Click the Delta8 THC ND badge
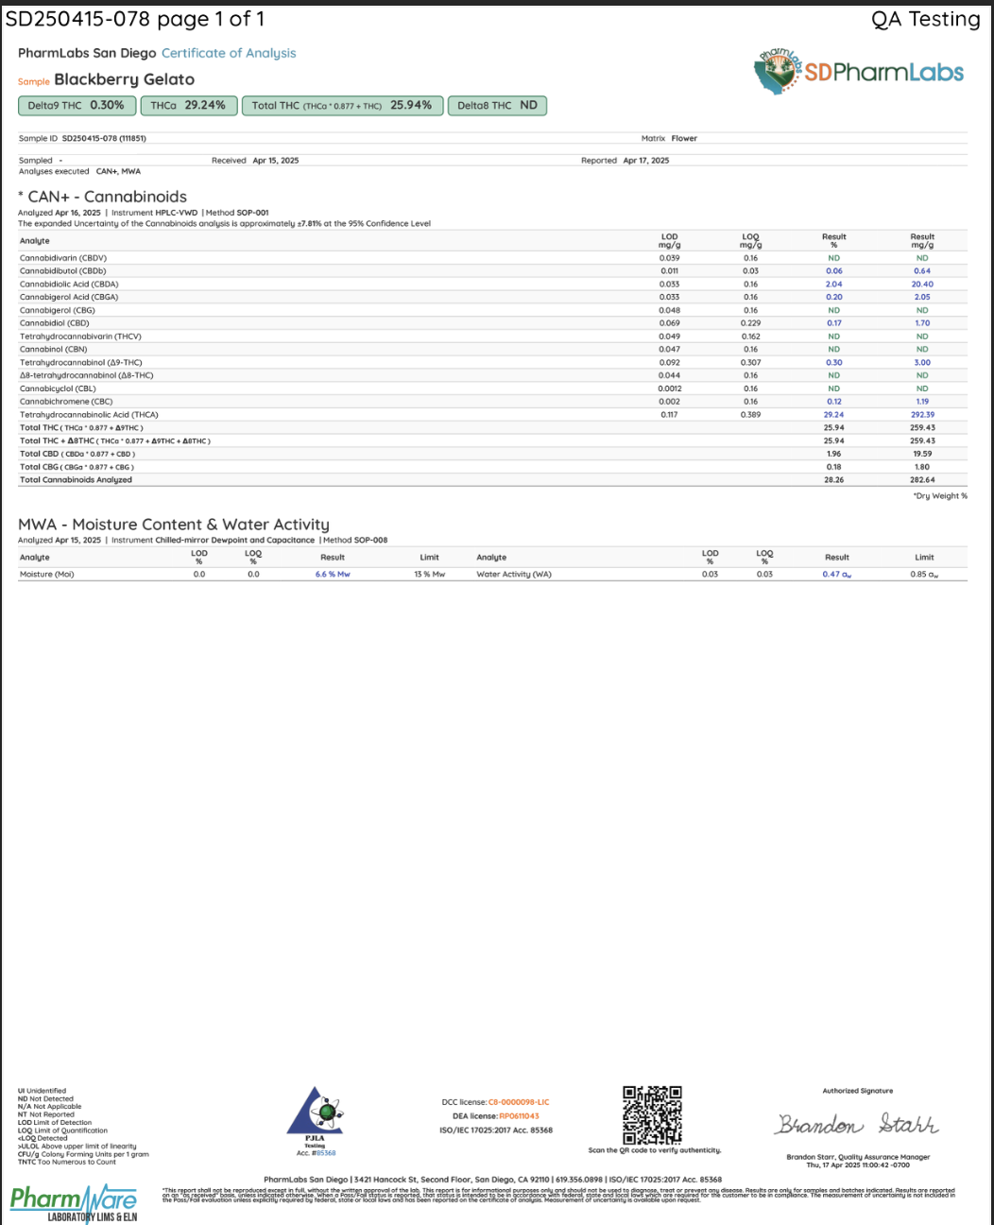pyautogui.click(x=497, y=106)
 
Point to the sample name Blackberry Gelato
pyautogui.click(x=124, y=80)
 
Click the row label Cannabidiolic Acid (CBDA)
pyautogui.click(x=69, y=285)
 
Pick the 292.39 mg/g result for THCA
pyautogui.click(x=922, y=415)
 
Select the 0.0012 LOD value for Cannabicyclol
pyautogui.click(x=670, y=388)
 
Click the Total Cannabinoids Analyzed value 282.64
pyautogui.click(x=922, y=480)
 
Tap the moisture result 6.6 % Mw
pyautogui.click(x=333, y=575)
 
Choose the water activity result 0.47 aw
pyautogui.click(x=836, y=575)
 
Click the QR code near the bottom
pyautogui.click(x=652, y=1115)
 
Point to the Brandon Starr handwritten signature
pyautogui.click(x=857, y=1125)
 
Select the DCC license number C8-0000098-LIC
pyautogui.click(x=518, y=1102)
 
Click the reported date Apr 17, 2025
pyautogui.click(x=645, y=161)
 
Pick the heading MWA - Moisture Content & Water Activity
pyautogui.click(x=174, y=525)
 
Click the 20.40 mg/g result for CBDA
pyautogui.click(x=922, y=285)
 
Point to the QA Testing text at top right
pyautogui.click(x=925, y=19)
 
